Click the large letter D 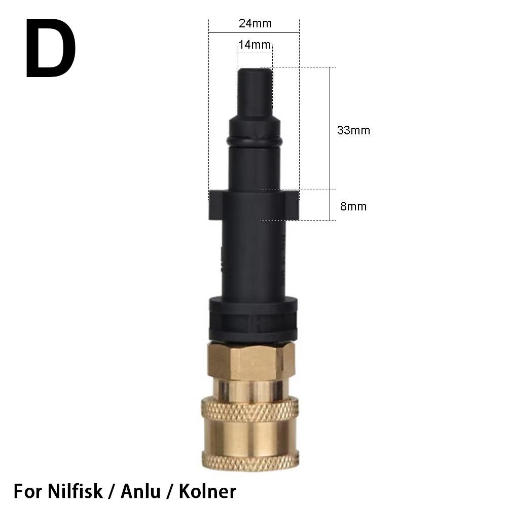click(51, 49)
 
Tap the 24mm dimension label click(255, 23)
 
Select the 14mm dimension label click(255, 45)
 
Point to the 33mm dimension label click(353, 130)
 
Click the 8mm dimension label click(353, 206)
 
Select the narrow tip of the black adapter click(255, 91)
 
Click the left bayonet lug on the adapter click(215, 205)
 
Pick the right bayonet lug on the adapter click(292, 205)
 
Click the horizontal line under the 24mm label click(254, 33)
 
